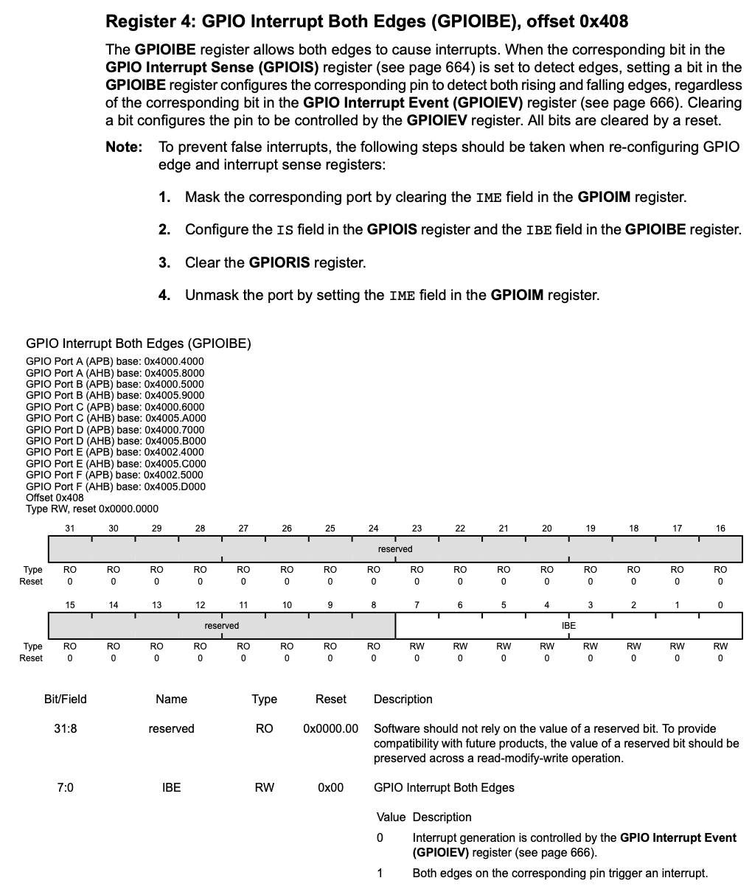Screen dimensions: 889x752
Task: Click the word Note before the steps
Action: [123, 147]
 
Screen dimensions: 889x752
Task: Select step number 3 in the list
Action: [164, 262]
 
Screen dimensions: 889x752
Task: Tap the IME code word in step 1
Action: [489, 198]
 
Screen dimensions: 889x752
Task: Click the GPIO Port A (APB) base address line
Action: [115, 361]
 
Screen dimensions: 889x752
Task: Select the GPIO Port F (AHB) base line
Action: [116, 487]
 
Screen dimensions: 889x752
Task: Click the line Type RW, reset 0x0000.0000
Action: [92, 509]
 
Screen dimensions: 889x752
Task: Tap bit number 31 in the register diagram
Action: [70, 528]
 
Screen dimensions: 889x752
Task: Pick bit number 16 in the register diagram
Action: [720, 528]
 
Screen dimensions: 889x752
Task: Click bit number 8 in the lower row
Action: [374, 604]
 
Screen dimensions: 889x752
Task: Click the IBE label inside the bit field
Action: [568, 625]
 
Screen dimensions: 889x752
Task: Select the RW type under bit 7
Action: [417, 646]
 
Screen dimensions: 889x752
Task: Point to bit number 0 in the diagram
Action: [720, 604]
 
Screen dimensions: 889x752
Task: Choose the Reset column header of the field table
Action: [330, 699]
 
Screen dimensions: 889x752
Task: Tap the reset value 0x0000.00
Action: [330, 728]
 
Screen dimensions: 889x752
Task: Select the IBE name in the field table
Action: [171, 787]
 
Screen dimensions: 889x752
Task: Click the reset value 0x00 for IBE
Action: [330, 787]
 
